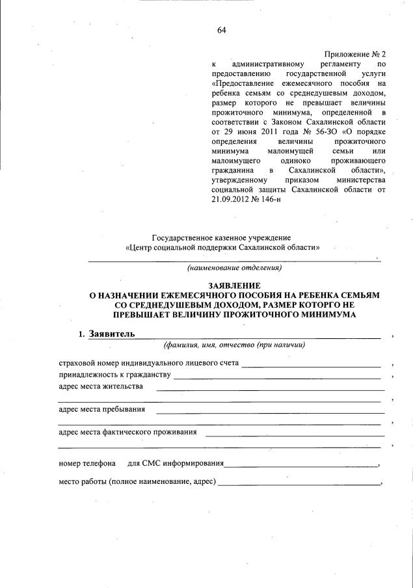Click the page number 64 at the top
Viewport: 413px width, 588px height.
(x=222, y=31)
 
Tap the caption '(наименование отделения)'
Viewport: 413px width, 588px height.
(x=234, y=268)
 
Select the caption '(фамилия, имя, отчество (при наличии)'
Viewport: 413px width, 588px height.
(x=234, y=345)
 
